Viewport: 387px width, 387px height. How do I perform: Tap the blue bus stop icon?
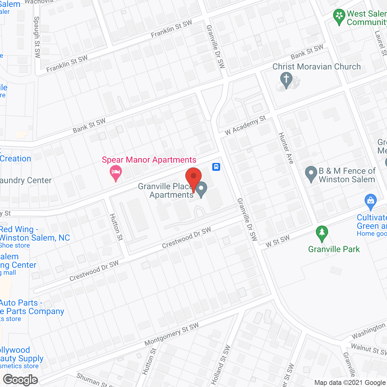click(x=216, y=167)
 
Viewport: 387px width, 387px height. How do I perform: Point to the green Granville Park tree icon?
click(x=322, y=233)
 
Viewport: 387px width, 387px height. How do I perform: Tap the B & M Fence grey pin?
click(x=311, y=174)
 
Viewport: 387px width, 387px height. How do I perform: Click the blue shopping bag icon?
click(x=371, y=201)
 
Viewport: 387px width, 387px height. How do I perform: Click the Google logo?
click(x=21, y=380)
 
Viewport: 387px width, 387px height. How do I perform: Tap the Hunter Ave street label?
click(x=286, y=148)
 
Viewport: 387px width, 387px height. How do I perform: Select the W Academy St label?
click(x=245, y=125)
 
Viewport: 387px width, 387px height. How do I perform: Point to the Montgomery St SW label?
click(x=171, y=334)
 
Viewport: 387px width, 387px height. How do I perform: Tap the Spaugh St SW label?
click(x=37, y=37)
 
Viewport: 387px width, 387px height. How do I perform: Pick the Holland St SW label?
click(x=221, y=365)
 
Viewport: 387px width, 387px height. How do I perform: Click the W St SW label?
click(x=278, y=241)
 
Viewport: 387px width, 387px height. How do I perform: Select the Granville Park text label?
click(x=334, y=249)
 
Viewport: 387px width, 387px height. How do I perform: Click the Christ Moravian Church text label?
click(x=317, y=67)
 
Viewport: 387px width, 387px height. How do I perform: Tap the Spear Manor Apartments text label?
click(x=149, y=160)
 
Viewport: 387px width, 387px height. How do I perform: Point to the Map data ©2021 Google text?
click(x=350, y=383)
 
